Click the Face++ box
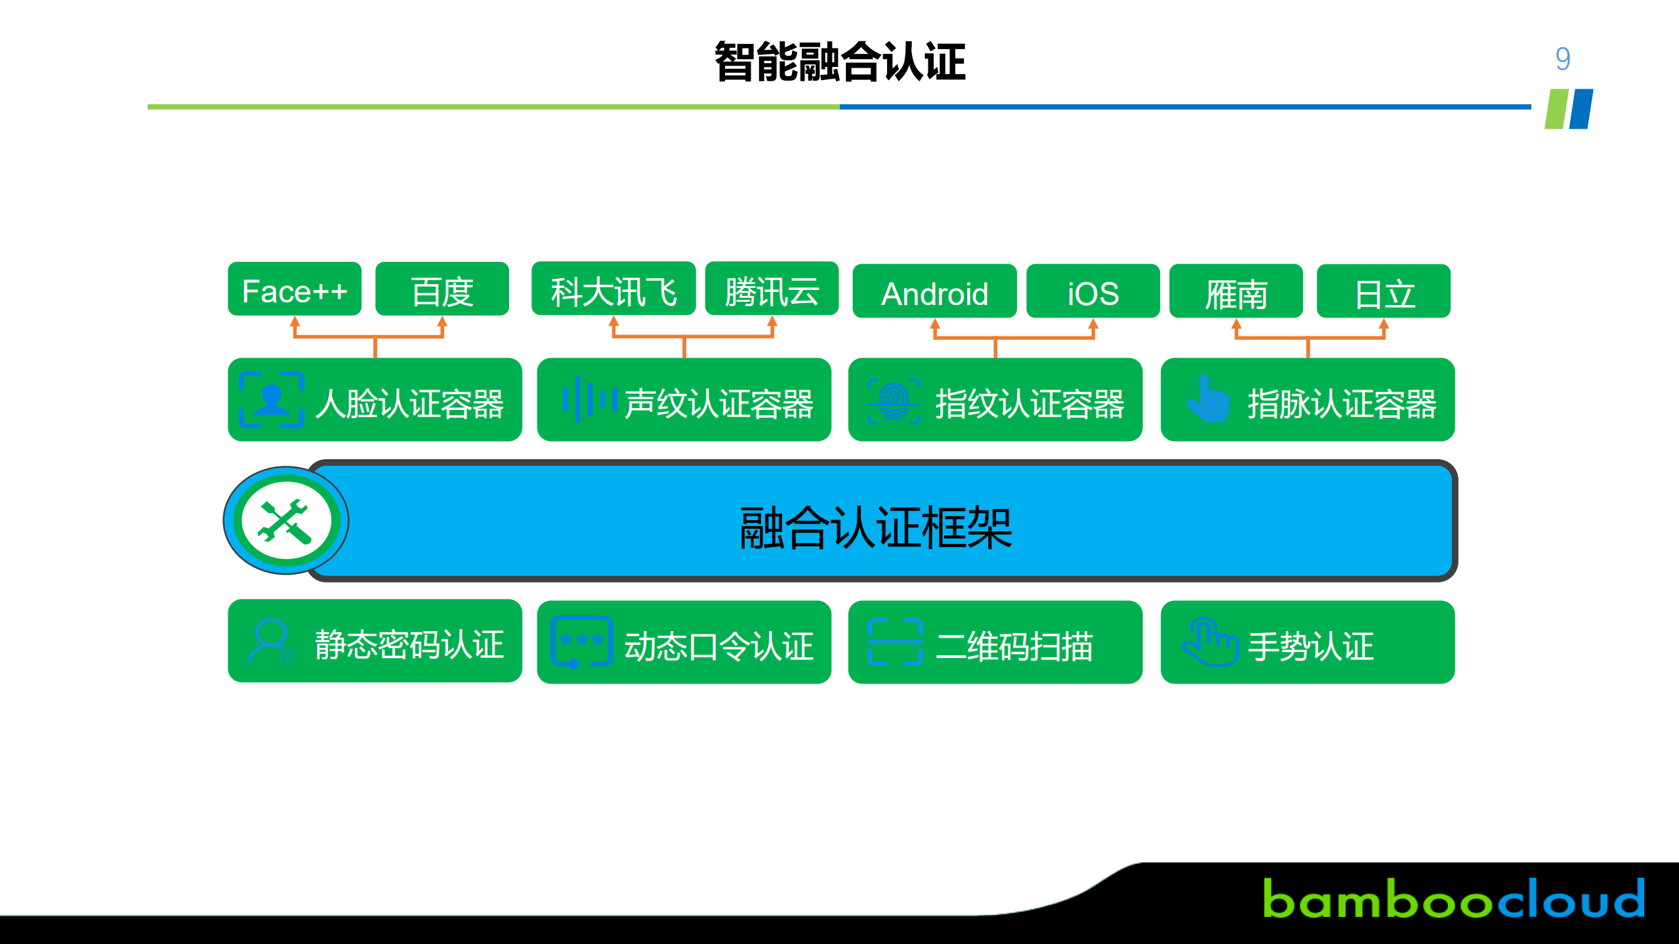coord(294,289)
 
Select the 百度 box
coord(442,289)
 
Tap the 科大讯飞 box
coord(613,289)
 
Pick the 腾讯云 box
coord(771,289)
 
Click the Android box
coord(934,291)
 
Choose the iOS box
coord(1092,291)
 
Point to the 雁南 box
coord(1235,291)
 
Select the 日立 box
coord(1383,291)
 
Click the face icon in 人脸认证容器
coord(271,400)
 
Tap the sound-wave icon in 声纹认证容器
coord(589,400)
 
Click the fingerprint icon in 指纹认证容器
coord(894,401)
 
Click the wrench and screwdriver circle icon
coord(286,520)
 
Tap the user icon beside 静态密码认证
coord(270,641)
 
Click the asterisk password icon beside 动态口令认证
coord(581,641)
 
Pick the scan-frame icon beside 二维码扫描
coord(894,642)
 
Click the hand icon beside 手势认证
coord(1209,641)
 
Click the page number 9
coord(1562,59)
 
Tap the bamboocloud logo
coord(1453,899)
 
